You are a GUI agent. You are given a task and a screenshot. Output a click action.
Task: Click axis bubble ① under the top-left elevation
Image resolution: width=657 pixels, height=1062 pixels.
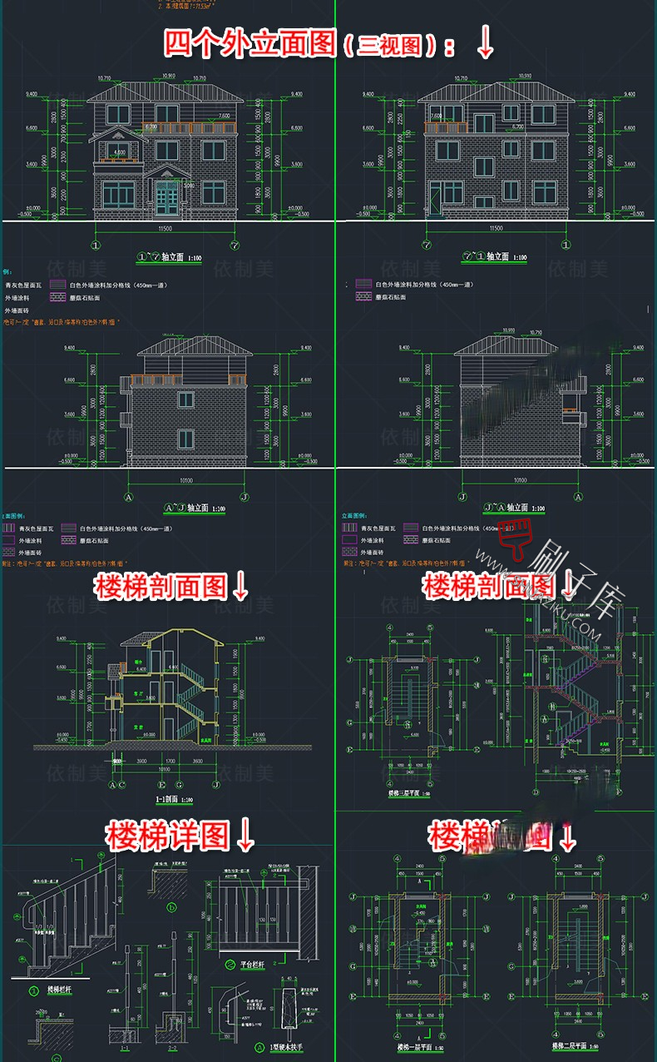[x=96, y=246]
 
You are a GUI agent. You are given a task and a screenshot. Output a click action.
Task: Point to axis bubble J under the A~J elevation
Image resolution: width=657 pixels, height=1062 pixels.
[x=243, y=497]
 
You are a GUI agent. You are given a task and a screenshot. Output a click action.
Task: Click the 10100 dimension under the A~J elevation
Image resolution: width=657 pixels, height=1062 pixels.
[x=186, y=480]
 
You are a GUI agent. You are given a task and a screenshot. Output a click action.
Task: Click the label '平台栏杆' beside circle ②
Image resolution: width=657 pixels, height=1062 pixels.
[x=244, y=965]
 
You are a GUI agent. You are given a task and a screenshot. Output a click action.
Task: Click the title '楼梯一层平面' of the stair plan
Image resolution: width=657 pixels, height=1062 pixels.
[x=413, y=1045]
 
